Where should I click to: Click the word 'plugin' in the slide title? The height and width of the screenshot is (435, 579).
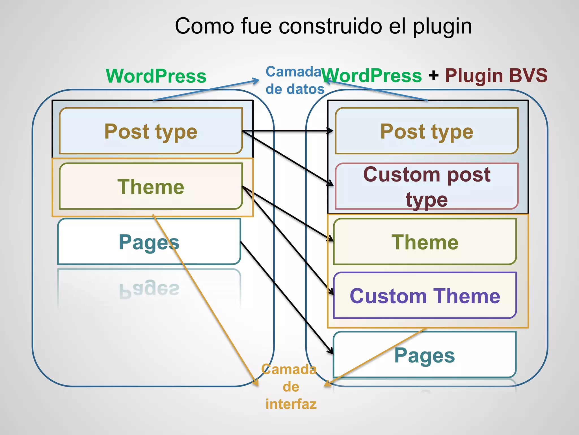pos(442,26)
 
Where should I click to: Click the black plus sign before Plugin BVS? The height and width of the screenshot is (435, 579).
pos(433,76)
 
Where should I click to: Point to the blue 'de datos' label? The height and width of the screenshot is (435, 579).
pos(295,89)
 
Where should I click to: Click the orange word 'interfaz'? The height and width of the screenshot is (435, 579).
pos(291,404)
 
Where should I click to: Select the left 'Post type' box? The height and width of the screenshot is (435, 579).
pos(151,131)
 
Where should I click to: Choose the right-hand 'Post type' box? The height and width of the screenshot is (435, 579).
pos(426,131)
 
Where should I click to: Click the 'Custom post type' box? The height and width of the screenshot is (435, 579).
pos(426,186)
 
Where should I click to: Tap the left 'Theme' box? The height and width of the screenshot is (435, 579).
pos(151,186)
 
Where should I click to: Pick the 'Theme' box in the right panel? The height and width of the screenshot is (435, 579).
pos(425,242)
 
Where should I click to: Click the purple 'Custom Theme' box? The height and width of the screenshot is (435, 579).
pos(425,296)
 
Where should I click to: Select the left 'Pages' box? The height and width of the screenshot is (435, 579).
pos(149,242)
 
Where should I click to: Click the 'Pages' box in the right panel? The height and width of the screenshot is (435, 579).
pos(425,355)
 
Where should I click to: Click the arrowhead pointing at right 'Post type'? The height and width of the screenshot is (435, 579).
pos(330,131)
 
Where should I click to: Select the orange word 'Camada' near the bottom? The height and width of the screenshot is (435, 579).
pos(289,369)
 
